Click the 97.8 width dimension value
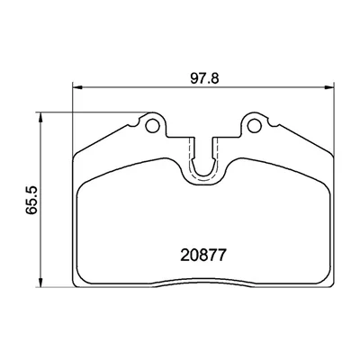pyautogui.click(x=205, y=78)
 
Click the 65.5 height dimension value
pyautogui.click(x=31, y=200)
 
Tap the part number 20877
pyautogui.click(x=202, y=256)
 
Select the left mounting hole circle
pyautogui.click(x=152, y=126)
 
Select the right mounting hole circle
pyautogui.click(x=255, y=126)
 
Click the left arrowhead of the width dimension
pyautogui.click(x=77, y=87)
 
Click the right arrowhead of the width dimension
pyautogui.click(x=329, y=87)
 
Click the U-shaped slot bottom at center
pyautogui.click(x=203, y=175)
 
